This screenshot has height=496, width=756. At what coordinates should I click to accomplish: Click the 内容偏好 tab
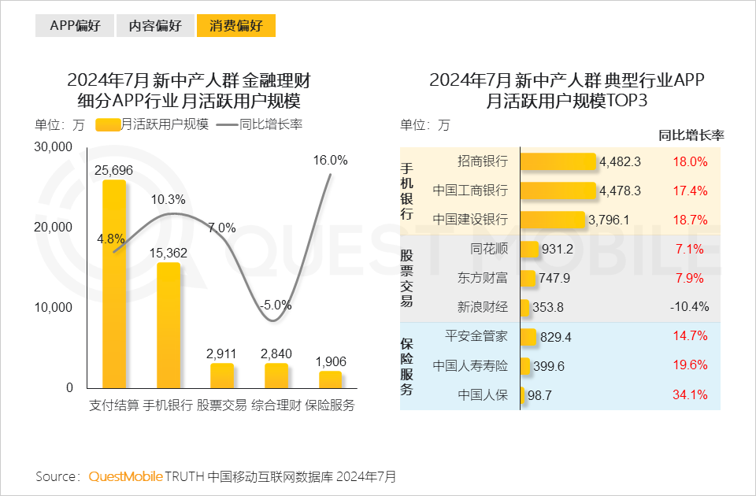pyautogui.click(x=155, y=25)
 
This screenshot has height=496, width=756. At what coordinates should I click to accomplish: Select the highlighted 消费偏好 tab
pyautogui.click(x=236, y=25)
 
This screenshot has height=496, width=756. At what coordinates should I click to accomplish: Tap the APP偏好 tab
pyautogui.click(x=76, y=25)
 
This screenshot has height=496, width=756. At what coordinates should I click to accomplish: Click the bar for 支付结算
pyautogui.click(x=114, y=283)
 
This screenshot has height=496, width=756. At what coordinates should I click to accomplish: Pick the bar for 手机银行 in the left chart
pyautogui.click(x=169, y=325)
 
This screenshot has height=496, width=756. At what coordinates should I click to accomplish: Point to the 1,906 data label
pyautogui.click(x=331, y=361)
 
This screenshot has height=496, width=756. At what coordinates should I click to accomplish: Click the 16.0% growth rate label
pyautogui.click(x=330, y=160)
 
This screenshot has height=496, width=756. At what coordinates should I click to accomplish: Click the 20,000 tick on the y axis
pyautogui.click(x=54, y=228)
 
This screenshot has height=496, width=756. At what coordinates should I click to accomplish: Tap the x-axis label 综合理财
pyautogui.click(x=276, y=405)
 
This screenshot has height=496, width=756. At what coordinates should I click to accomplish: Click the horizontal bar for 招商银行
pyautogui.click(x=558, y=161)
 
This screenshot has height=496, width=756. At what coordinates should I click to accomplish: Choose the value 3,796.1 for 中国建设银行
pyautogui.click(x=609, y=220)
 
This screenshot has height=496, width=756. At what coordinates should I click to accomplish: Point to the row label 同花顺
pyautogui.click(x=488, y=249)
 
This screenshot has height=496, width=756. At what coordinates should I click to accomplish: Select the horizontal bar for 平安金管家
pyautogui.click(x=528, y=337)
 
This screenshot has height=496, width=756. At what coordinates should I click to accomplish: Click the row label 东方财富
pyautogui.click(x=483, y=278)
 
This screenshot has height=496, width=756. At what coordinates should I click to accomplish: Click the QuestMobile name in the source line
pyautogui.click(x=126, y=476)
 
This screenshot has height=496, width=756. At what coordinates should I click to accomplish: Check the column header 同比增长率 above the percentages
pyautogui.click(x=691, y=135)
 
